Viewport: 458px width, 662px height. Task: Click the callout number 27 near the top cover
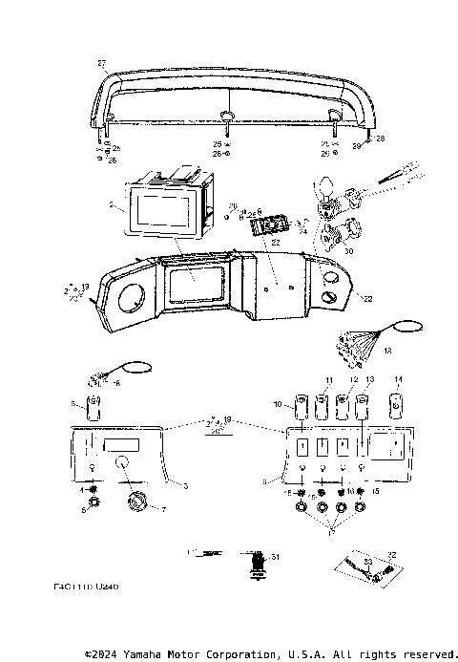pos(101,63)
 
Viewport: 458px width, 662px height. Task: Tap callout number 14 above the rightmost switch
pos(399,379)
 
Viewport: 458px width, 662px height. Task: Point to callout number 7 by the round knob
pos(163,509)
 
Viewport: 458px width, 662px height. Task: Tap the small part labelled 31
pos(256,563)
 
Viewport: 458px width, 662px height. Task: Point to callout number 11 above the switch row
pos(329,381)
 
